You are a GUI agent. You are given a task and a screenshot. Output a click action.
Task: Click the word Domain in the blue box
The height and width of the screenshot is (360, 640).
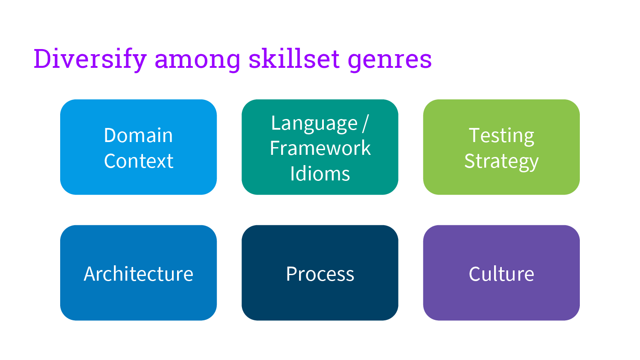pyautogui.click(x=138, y=136)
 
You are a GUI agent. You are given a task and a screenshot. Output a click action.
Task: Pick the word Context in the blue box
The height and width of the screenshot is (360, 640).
pyautogui.click(x=138, y=161)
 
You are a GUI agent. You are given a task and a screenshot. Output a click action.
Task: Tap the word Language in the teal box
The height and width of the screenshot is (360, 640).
pyautogui.click(x=314, y=124)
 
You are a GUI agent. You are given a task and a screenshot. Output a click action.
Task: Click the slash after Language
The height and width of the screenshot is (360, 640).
pyautogui.click(x=365, y=124)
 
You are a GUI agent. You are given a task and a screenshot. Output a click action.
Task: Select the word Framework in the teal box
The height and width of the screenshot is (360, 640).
pyautogui.click(x=320, y=148)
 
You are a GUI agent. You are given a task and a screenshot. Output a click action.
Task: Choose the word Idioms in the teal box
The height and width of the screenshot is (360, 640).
pyautogui.click(x=320, y=174)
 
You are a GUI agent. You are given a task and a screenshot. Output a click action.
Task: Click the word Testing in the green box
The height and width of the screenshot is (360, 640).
pyautogui.click(x=501, y=136)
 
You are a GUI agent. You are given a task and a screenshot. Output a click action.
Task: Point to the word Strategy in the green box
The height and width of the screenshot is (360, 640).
pyautogui.click(x=501, y=161)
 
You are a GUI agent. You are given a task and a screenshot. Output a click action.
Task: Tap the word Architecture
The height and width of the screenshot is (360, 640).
pyautogui.click(x=138, y=274)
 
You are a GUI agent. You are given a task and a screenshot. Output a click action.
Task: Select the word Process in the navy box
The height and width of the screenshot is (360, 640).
pyautogui.click(x=320, y=274)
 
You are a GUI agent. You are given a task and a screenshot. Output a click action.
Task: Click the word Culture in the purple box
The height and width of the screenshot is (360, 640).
pyautogui.click(x=501, y=274)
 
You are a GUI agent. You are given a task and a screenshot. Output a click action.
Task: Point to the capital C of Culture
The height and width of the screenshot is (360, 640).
pyautogui.click(x=475, y=274)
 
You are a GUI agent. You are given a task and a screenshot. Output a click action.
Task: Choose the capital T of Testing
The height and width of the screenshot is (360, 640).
pyautogui.click(x=475, y=135)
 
